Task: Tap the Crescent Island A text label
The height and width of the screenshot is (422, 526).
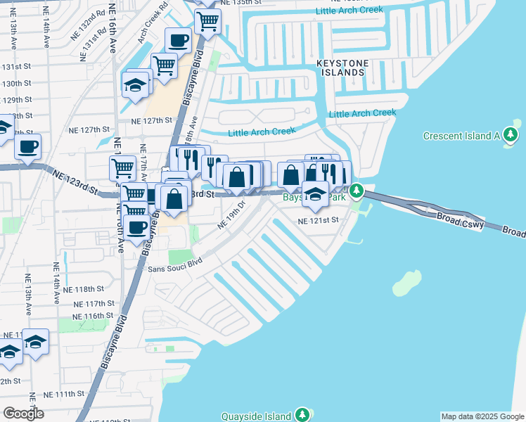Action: pyautogui.click(x=461, y=135)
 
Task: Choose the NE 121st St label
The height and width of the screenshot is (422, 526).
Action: pyautogui.click(x=319, y=220)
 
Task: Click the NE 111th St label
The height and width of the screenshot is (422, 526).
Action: pyautogui.click(x=66, y=395)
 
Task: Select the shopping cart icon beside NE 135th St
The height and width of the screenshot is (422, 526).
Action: pyautogui.click(x=207, y=20)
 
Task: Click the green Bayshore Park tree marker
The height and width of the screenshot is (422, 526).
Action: pyautogui.click(x=357, y=191)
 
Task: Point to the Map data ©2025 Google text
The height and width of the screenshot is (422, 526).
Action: pyautogui.click(x=482, y=416)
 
